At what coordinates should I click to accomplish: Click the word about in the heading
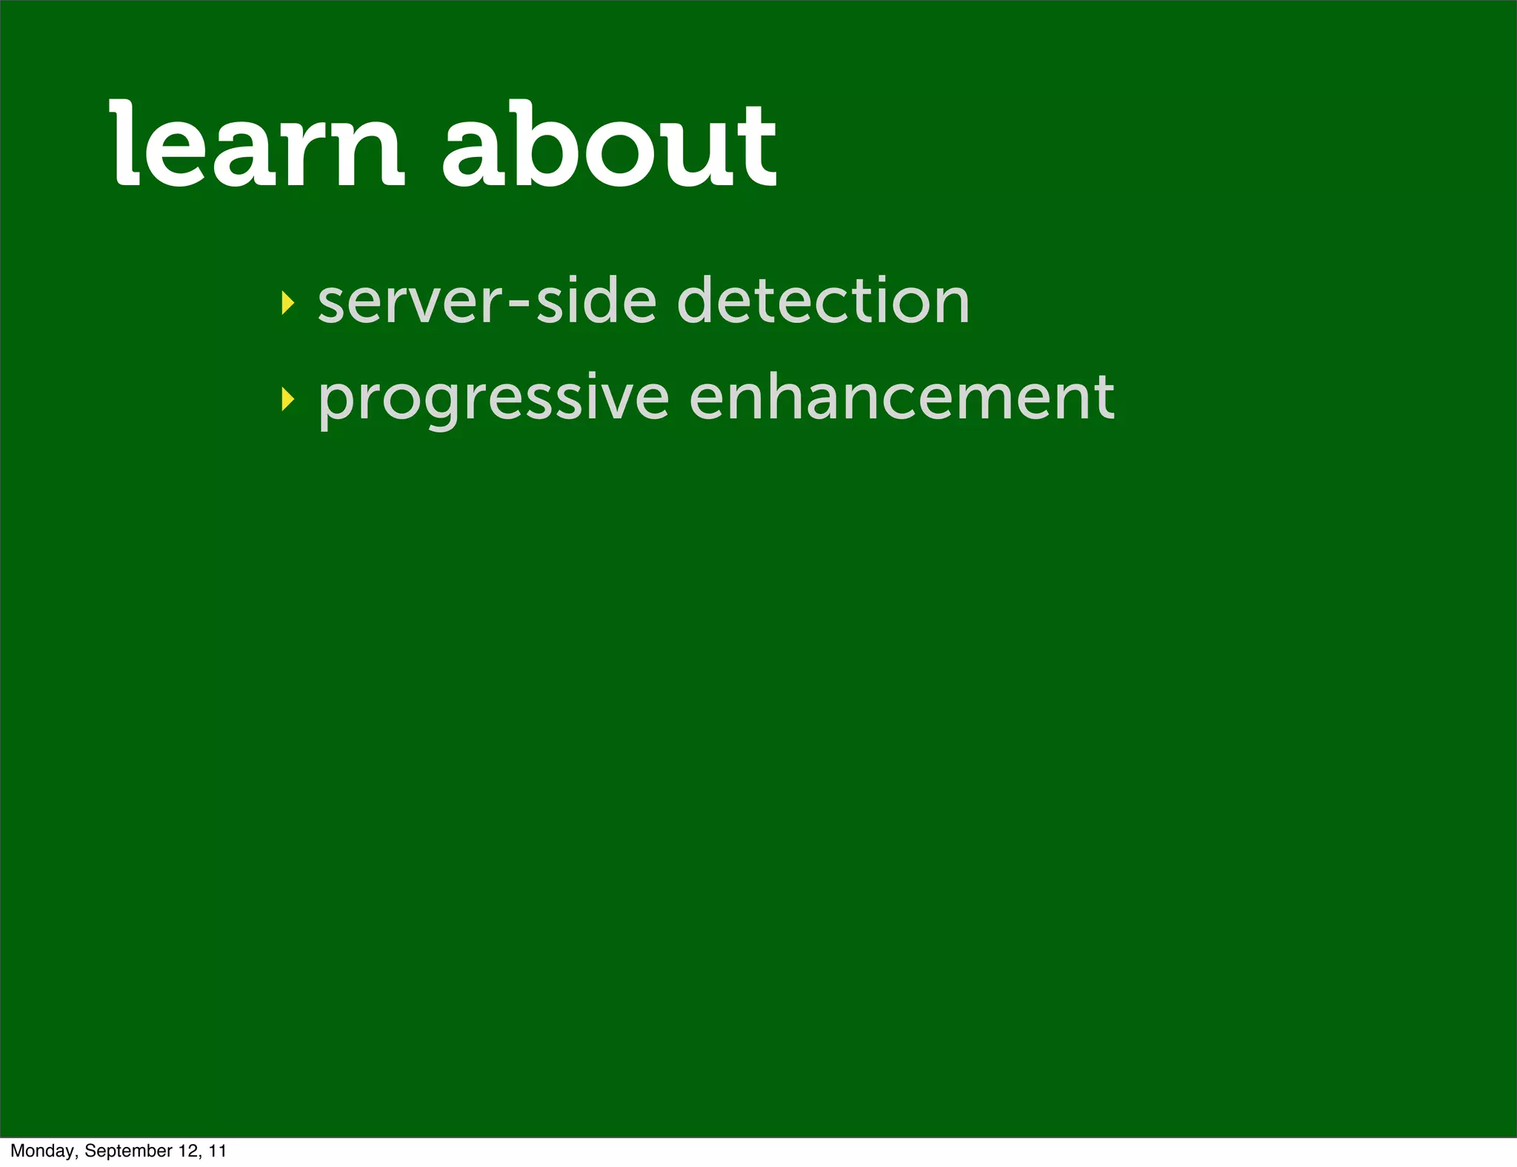609,144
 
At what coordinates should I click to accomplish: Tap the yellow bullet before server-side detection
288,303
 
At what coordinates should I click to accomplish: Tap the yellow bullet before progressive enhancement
288,400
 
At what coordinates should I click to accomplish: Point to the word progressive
493,400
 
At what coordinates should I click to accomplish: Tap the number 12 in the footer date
187,1151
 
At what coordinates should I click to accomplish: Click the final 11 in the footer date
217,1151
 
